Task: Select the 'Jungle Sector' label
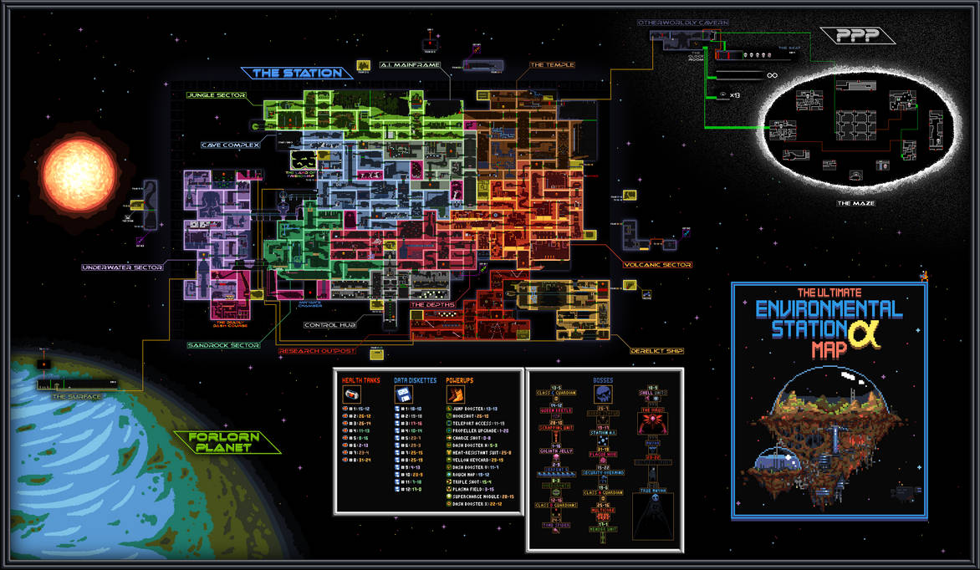(x=216, y=95)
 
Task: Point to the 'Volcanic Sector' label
(x=657, y=265)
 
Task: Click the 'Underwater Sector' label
(x=121, y=267)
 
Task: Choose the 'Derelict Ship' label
(x=658, y=351)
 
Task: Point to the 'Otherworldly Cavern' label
(x=683, y=22)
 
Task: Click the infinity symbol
(x=772, y=75)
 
